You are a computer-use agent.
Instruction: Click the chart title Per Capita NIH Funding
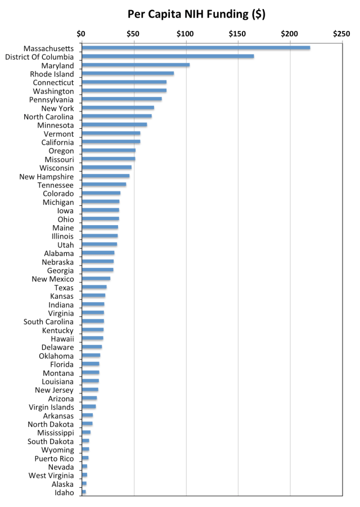tap(196, 14)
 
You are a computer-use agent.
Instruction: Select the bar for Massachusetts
tap(196, 48)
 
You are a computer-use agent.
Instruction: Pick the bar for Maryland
tap(136, 65)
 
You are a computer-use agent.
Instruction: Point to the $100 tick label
tap(186, 34)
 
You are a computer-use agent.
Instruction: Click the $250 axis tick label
tap(341, 34)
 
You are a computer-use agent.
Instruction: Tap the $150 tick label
tap(237, 34)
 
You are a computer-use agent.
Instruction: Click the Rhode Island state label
tap(52, 74)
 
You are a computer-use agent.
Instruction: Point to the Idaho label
tap(64, 492)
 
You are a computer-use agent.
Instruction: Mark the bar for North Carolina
tap(116, 116)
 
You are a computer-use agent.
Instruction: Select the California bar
tap(111, 142)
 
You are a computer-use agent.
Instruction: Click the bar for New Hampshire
tap(106, 176)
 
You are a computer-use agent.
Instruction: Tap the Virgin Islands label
tap(51, 407)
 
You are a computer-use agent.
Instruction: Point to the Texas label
tap(64, 288)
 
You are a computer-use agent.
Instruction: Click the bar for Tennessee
tap(104, 185)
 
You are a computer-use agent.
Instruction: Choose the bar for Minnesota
tap(114, 125)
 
